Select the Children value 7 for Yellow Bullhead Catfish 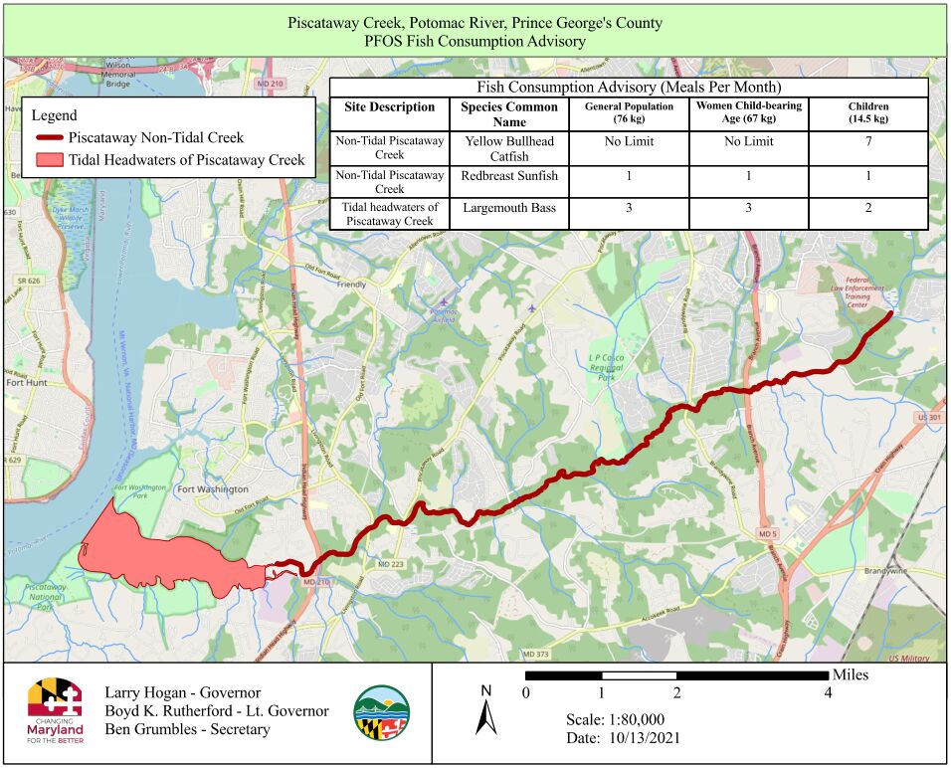click(x=868, y=141)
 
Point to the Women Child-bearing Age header click(x=748, y=112)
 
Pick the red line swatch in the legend click(x=48, y=138)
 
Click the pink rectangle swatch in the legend click(x=48, y=160)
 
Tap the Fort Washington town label click(x=212, y=489)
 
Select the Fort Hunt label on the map click(x=27, y=381)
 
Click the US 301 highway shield click(x=930, y=417)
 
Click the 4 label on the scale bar click(x=828, y=693)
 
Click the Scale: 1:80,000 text click(x=614, y=719)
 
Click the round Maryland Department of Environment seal click(x=381, y=712)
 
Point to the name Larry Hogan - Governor click(x=182, y=692)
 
